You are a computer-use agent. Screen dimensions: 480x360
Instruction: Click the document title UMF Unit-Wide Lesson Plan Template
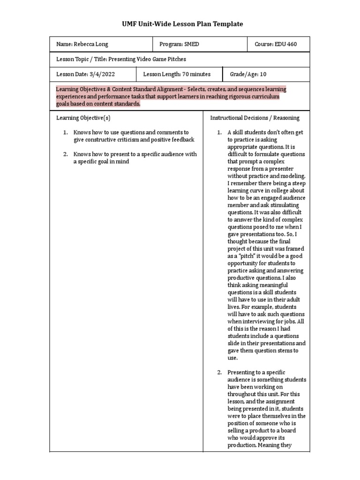pos(180,24)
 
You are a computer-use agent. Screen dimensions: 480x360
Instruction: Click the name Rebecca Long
pos(89,44)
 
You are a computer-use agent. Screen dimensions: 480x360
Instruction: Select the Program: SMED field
pos(179,44)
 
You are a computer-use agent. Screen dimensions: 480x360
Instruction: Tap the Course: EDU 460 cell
pos(276,44)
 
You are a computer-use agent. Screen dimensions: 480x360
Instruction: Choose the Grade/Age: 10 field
pos(248,74)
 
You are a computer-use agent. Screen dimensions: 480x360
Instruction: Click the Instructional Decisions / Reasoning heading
pos(255,118)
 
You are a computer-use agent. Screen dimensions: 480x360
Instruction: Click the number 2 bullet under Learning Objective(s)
pos(66,154)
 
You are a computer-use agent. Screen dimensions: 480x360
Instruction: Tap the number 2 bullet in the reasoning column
pos(219,372)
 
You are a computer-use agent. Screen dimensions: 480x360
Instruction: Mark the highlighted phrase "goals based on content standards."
pos(98,104)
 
